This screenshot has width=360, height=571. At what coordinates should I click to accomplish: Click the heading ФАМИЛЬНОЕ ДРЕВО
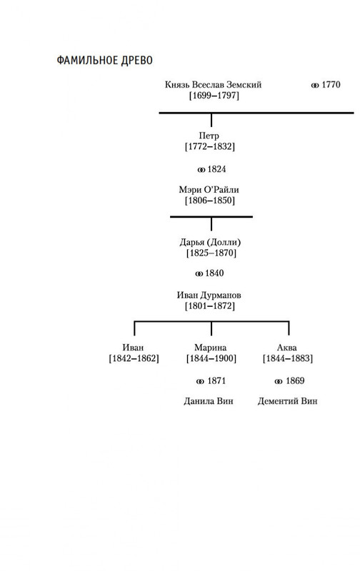coord(104,60)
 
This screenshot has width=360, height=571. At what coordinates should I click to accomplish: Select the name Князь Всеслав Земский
coord(213,84)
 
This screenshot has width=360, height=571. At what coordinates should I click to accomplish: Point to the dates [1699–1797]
coord(214,96)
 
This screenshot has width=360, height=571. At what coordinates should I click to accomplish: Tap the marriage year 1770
coord(331,84)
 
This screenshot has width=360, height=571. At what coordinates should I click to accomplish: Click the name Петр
coord(209,136)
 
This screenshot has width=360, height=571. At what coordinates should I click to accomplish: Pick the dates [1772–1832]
coord(210,146)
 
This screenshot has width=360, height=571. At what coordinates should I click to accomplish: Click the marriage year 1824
coord(216,169)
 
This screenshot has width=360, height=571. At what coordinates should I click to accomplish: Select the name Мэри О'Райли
coord(209,189)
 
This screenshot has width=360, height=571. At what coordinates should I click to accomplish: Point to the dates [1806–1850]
coord(210,201)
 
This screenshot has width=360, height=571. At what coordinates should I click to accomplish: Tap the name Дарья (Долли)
coord(210,242)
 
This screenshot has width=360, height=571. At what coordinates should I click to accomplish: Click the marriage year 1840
coord(214,273)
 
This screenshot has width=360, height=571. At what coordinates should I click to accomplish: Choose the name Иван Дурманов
coord(209,295)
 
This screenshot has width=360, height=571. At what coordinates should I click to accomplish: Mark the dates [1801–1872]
coord(210,305)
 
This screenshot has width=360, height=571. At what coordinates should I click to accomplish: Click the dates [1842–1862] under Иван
coord(134,358)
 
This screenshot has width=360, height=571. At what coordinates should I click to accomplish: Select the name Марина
coord(210,348)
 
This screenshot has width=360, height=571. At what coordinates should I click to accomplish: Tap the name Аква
coord(286,348)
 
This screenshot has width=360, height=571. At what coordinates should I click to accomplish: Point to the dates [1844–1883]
coord(288,358)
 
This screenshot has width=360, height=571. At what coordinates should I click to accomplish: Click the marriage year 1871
coord(216,380)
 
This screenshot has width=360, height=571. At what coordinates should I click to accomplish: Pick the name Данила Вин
coord(209,401)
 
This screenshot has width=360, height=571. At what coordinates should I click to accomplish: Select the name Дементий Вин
coord(287,401)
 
